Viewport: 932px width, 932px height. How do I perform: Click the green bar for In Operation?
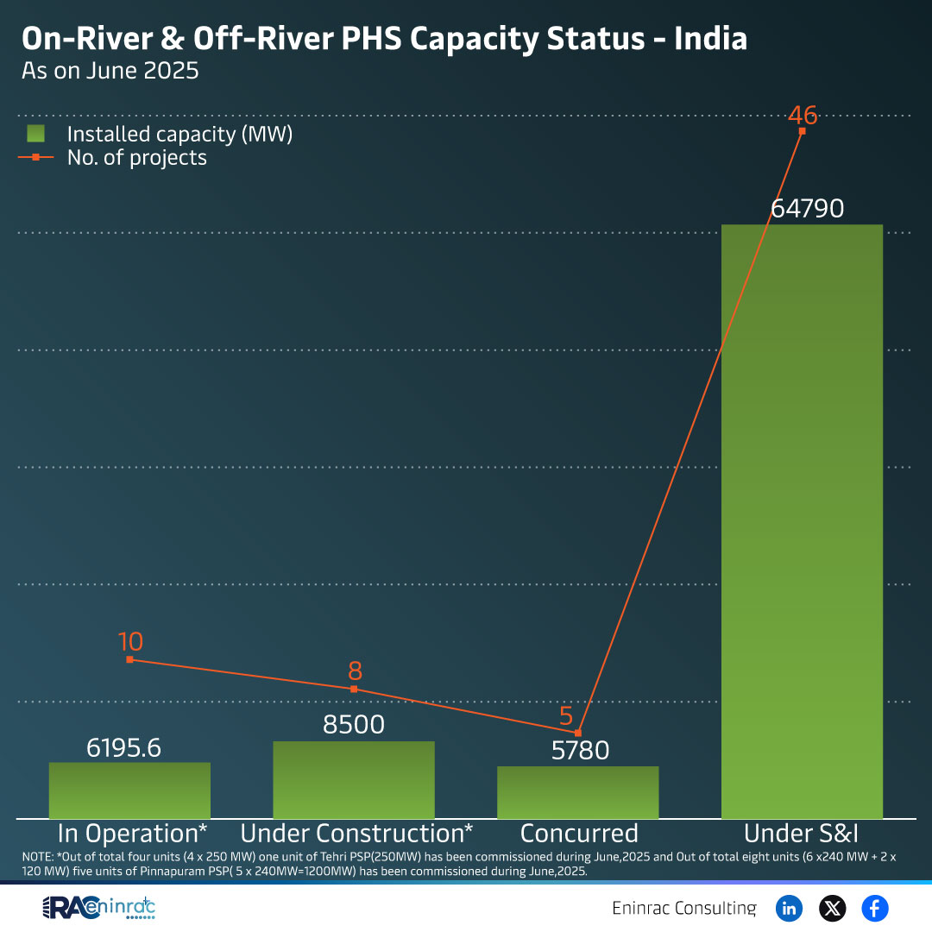(129, 790)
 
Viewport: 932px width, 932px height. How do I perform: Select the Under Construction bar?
(354, 780)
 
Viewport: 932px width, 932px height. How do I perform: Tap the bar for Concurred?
(578, 792)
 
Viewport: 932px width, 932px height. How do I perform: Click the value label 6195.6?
(124, 748)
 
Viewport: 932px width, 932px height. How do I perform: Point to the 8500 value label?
(354, 725)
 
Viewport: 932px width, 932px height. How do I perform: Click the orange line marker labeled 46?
(803, 131)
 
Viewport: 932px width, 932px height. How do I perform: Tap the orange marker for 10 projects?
(129, 659)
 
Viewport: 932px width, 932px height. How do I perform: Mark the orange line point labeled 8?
(354, 689)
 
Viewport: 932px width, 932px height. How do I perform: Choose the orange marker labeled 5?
(578, 733)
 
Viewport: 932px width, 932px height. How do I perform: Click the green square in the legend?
(35, 134)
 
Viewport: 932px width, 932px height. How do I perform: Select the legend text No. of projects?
(137, 157)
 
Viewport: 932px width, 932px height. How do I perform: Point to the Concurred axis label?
(579, 834)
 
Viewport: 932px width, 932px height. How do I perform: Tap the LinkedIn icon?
(789, 908)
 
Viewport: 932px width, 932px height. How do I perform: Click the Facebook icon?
(874, 908)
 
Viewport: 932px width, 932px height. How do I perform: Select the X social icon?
(832, 908)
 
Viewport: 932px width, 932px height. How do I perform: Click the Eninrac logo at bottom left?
(99, 909)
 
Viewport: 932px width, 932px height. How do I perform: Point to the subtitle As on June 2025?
(110, 71)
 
